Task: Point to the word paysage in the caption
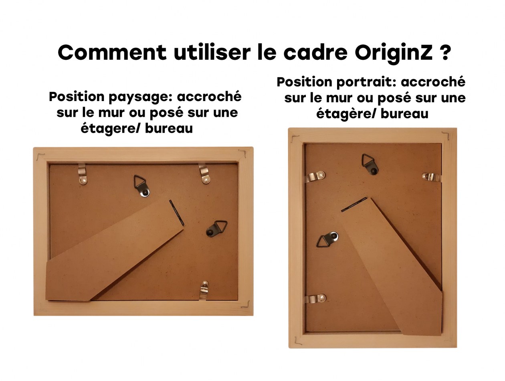coord(140,97)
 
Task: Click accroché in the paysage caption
coord(209,96)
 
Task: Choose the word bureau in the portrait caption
coord(404,114)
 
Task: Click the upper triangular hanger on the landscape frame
coord(141,186)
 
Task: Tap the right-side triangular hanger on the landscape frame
coord(216,228)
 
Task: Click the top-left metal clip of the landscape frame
coord(82,174)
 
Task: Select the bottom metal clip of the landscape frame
coord(204,290)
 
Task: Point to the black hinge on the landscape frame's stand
coord(176,213)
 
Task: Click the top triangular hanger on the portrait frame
coord(370,164)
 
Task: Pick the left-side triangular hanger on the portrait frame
coord(327,239)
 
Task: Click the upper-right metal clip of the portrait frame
coord(432,177)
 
